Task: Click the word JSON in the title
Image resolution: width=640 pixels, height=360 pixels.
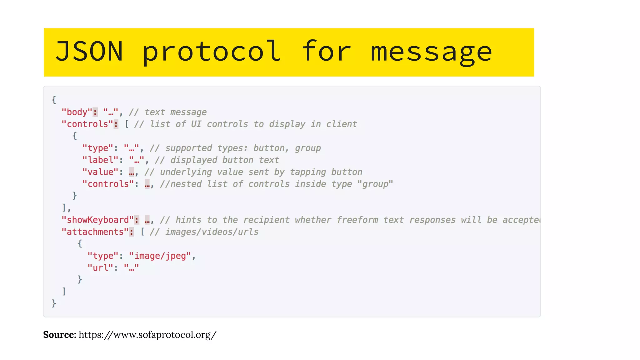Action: [89, 52]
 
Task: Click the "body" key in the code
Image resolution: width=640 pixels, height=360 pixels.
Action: [77, 112]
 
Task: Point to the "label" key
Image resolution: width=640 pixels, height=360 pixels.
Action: [100, 160]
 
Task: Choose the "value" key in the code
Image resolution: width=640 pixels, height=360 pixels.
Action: [100, 172]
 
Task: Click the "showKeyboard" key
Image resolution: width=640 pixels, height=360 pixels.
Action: [97, 220]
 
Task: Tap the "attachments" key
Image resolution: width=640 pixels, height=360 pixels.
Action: [95, 232]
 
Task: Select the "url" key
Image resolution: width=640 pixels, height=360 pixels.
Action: [100, 268]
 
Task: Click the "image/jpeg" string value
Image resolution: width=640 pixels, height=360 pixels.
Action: [160, 256]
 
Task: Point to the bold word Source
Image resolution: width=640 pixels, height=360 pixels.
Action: [59, 335]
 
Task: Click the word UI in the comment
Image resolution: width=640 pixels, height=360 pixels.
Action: [196, 124]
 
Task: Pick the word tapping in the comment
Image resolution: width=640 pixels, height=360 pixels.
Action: [308, 172]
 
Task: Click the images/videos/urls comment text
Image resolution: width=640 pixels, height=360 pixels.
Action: [212, 232]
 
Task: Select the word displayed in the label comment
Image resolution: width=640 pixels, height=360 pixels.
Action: [194, 160]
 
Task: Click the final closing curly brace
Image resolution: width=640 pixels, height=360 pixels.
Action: [54, 303]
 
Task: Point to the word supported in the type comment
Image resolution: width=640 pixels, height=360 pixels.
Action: [189, 148]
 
